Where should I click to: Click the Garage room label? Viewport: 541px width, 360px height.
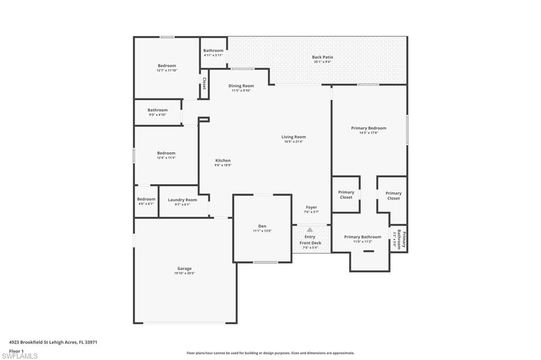[x=184, y=269]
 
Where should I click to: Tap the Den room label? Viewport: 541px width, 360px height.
[x=262, y=226]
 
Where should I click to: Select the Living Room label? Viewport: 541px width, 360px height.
[x=293, y=137]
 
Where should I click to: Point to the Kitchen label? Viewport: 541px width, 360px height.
[x=222, y=161]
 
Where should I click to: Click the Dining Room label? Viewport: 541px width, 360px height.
[x=241, y=86]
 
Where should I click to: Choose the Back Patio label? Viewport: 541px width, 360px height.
[x=322, y=57]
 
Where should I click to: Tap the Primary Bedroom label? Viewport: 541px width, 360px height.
[x=368, y=128]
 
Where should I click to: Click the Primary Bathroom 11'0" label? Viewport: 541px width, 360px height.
[x=362, y=237]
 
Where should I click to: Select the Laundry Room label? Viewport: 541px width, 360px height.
[x=182, y=200]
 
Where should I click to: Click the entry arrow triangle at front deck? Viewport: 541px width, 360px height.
[x=310, y=230]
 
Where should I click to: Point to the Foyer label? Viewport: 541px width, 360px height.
[x=311, y=207]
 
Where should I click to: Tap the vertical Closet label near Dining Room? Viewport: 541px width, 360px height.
[x=204, y=84]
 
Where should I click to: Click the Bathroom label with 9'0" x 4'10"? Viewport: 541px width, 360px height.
[x=157, y=110]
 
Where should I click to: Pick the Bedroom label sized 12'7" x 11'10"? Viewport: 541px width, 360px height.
[x=166, y=66]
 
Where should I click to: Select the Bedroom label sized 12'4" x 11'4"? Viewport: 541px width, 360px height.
[x=166, y=153]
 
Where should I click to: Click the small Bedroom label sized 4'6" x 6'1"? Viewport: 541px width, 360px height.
[x=146, y=199]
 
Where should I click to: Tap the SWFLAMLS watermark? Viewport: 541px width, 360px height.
[x=19, y=356]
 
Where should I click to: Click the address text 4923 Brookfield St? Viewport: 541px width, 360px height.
[x=53, y=342]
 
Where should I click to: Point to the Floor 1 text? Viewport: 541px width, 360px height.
[x=16, y=350]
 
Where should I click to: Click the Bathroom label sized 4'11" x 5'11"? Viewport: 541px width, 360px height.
[x=213, y=51]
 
